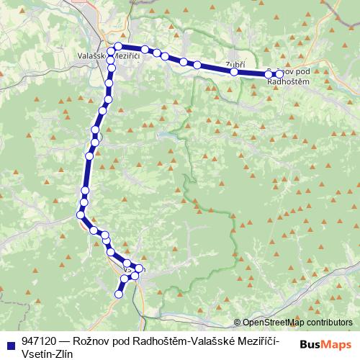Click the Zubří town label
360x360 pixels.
235,63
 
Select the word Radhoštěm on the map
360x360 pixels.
288,81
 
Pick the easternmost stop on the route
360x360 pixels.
280,74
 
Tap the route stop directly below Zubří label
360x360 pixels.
234,71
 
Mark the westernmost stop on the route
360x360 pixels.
81,213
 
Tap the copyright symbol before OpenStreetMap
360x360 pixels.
238,323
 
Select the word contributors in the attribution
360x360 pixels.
328,323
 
